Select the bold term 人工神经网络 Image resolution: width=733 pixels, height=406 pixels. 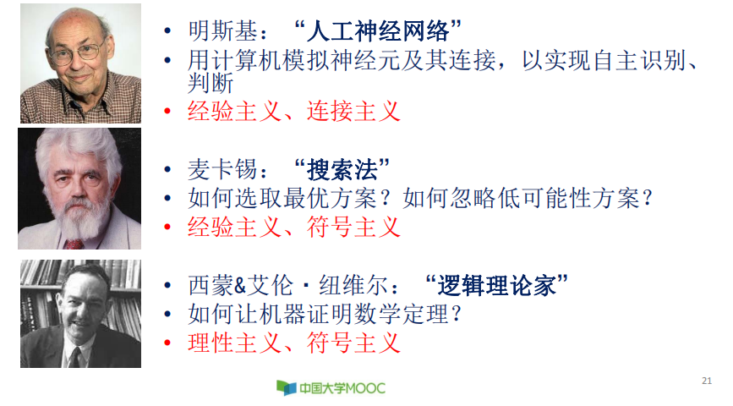[x=381, y=34]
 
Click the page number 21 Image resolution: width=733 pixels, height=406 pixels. [x=707, y=380]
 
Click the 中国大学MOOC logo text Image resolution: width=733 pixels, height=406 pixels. [x=342, y=388]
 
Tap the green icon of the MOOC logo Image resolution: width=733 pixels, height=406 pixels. [x=286, y=387]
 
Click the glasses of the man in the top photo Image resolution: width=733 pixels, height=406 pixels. [x=78, y=52]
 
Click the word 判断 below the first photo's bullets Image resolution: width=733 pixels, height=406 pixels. [x=211, y=85]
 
